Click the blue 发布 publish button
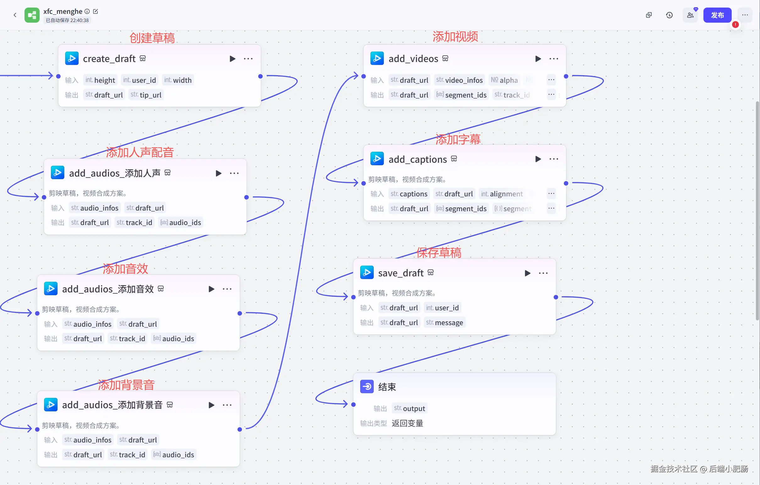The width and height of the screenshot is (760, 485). [717, 15]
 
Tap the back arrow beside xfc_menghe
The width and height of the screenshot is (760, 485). [15, 15]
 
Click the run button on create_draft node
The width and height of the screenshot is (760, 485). [232, 59]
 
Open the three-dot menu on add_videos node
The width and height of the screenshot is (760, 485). [553, 59]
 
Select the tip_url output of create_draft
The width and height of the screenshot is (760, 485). [146, 95]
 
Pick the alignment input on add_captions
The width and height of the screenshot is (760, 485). [502, 194]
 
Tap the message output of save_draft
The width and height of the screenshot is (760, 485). [445, 322]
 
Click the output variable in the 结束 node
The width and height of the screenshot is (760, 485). [410, 408]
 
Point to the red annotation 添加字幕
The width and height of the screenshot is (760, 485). [458, 139]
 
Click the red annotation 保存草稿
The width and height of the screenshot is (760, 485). [439, 252]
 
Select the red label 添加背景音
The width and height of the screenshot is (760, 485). [126, 385]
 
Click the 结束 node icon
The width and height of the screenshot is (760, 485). [367, 386]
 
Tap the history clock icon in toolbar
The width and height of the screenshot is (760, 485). [669, 15]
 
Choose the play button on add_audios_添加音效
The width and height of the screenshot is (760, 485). [211, 289]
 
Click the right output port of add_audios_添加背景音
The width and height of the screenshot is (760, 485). [240, 429]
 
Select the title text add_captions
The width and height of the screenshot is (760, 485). [417, 159]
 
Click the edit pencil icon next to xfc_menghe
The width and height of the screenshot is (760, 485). [96, 11]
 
